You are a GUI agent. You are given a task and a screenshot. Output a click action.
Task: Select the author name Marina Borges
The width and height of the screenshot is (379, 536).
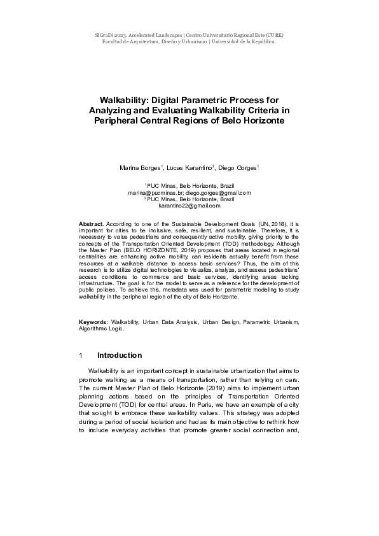[x=141, y=168]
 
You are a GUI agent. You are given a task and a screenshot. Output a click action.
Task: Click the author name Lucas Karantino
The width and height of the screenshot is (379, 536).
[x=190, y=168]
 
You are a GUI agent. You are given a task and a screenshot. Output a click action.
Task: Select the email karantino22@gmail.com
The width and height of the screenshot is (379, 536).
[x=189, y=206]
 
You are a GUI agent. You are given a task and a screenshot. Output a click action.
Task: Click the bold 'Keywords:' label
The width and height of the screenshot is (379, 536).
[x=93, y=323]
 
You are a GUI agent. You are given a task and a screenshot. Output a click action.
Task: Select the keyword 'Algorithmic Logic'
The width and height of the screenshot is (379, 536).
[x=101, y=329]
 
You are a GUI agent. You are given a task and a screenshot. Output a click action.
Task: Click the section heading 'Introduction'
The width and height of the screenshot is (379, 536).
[x=120, y=355]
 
